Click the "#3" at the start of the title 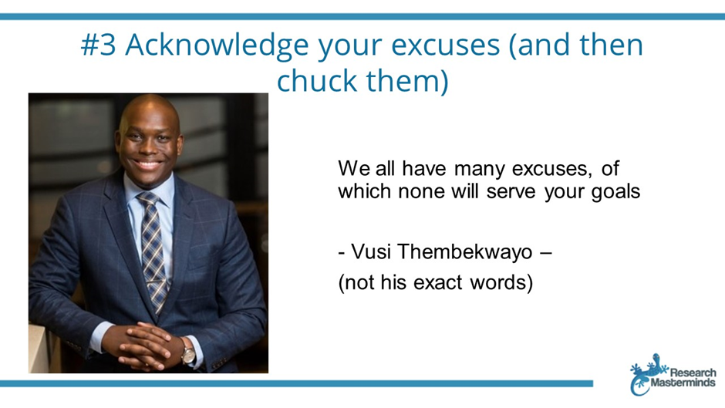tap(98, 45)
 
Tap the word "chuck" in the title tap(317, 80)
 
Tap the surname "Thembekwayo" tap(464, 252)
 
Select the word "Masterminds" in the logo tap(683, 383)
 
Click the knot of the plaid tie tap(149, 200)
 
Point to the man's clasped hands tap(143, 345)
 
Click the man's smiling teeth tap(147, 164)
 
